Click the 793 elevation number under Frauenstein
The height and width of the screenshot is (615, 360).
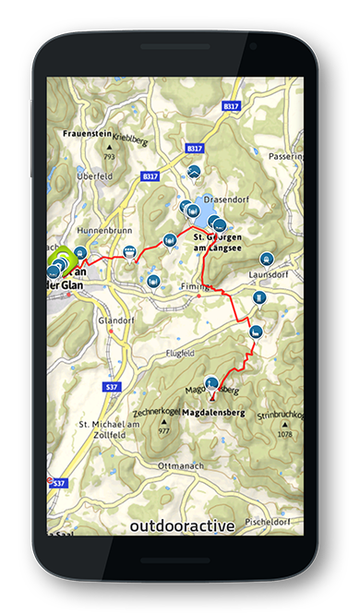click(x=109, y=156)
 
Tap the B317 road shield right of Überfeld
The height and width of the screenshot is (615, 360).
click(x=150, y=175)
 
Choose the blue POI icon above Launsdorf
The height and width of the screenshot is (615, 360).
click(x=268, y=259)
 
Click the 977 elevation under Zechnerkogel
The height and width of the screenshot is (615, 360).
click(x=164, y=431)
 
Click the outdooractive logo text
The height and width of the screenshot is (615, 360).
click(x=182, y=525)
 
